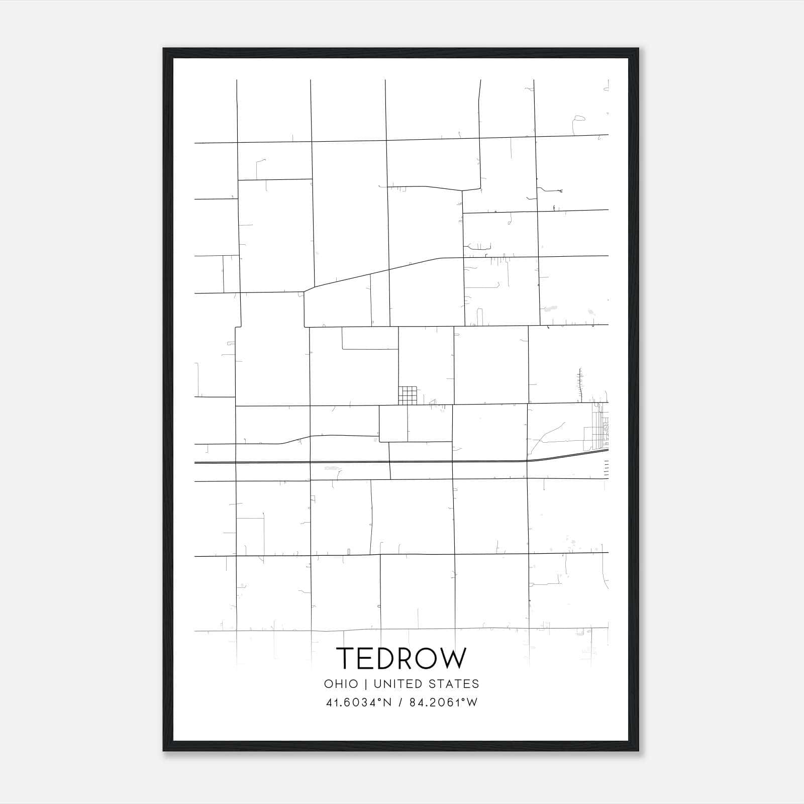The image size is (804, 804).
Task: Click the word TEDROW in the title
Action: [401, 658]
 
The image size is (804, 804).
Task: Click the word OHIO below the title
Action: [341, 684]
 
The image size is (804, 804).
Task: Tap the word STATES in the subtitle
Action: [454, 684]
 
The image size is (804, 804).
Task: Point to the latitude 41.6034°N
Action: [358, 702]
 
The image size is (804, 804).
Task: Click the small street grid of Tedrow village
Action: [408, 395]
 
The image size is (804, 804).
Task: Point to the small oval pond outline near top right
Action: [579, 119]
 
